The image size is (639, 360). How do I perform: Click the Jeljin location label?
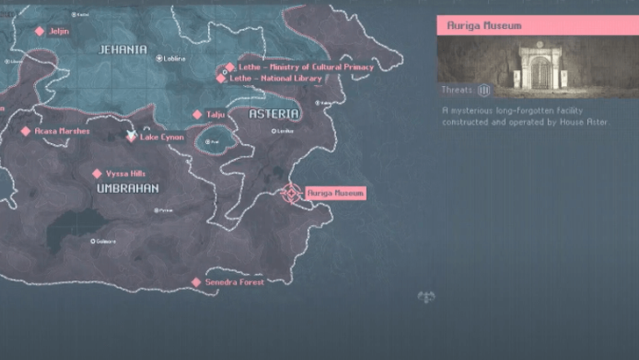[x=60, y=31]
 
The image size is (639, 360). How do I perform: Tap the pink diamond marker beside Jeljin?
[x=39, y=31]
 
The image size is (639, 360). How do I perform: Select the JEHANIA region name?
[x=123, y=50]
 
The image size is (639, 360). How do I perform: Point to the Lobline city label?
[x=175, y=59]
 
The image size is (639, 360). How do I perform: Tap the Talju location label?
[x=216, y=114]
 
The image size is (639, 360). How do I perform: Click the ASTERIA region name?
[x=274, y=114]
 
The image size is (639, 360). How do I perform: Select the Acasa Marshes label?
[x=62, y=131]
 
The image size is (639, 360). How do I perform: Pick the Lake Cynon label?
[x=162, y=137]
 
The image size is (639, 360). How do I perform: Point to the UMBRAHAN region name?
[x=127, y=189]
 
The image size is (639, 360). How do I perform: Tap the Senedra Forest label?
[x=234, y=282]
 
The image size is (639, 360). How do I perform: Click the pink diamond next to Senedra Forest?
[x=197, y=282]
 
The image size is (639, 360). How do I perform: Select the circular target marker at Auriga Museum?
[x=291, y=193]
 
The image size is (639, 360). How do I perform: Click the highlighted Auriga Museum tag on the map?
[x=335, y=193]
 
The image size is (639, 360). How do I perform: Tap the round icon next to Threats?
[x=485, y=90]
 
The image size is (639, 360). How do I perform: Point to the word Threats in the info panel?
[x=458, y=90]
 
